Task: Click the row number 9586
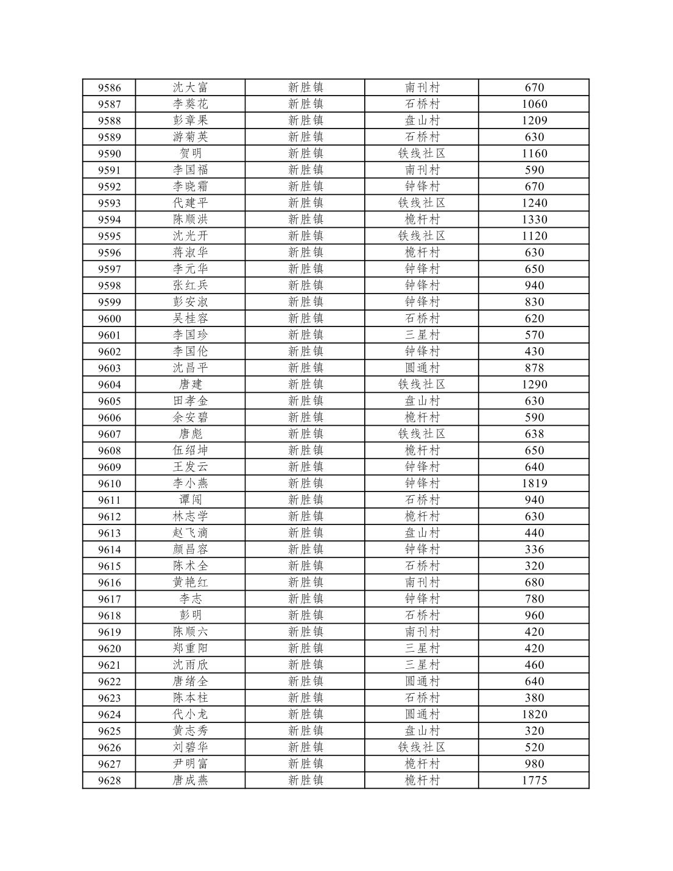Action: (x=110, y=88)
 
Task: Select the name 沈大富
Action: (x=190, y=88)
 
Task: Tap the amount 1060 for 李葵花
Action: (x=534, y=104)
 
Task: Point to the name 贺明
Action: (x=190, y=153)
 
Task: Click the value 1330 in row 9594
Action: (x=534, y=219)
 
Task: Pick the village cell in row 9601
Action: (x=421, y=335)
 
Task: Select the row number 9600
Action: (x=110, y=319)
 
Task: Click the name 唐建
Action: (x=190, y=384)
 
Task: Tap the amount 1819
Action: (x=534, y=484)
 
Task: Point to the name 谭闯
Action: (x=190, y=500)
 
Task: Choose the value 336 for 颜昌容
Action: (x=534, y=549)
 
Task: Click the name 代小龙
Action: (x=190, y=714)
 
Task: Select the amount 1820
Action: (x=534, y=714)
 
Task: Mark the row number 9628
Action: (x=110, y=780)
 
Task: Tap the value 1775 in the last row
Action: (x=534, y=780)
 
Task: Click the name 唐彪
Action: (x=190, y=434)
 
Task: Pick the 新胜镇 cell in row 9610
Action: (x=305, y=484)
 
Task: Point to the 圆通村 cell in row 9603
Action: (x=421, y=368)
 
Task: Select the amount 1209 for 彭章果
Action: (x=534, y=121)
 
